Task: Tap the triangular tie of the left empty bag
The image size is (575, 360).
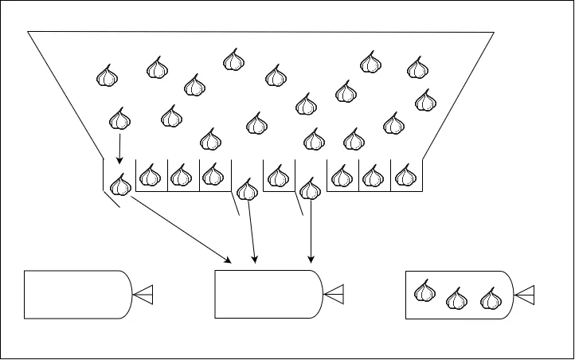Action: tap(143, 295)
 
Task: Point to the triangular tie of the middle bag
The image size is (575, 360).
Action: tap(334, 295)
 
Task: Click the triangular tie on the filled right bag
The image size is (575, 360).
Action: tap(525, 295)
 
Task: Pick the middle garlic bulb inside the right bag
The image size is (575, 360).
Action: tap(456, 299)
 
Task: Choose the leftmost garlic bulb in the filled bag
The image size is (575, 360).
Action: tap(426, 292)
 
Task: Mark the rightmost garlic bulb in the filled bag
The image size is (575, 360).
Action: tap(491, 299)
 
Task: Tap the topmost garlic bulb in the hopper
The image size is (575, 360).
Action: tap(233, 59)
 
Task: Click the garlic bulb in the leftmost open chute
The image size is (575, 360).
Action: tap(120, 186)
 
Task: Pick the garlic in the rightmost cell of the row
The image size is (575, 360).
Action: tap(405, 175)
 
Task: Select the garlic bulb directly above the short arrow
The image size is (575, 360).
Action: tap(119, 119)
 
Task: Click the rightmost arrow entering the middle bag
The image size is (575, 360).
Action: tap(311, 231)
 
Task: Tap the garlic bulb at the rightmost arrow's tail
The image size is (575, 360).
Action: tap(311, 191)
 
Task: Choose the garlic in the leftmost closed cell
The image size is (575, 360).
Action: tap(149, 175)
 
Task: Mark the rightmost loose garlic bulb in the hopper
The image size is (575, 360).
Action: tap(426, 100)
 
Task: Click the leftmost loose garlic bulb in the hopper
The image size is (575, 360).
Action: tap(107, 76)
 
